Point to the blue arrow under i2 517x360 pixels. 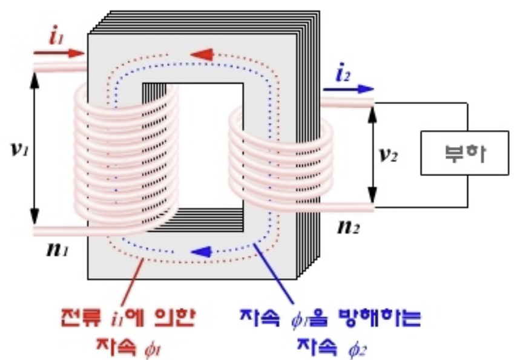click(x=347, y=88)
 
